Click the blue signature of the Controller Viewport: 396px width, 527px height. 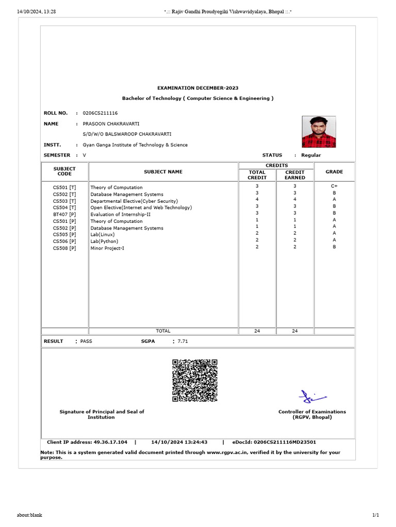coord(312,396)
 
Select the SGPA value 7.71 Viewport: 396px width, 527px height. coord(184,341)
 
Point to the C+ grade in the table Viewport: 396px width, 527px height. coord(334,187)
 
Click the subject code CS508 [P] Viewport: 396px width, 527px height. coord(64,248)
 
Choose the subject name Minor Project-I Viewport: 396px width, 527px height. coord(107,248)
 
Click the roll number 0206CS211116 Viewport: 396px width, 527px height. coord(100,113)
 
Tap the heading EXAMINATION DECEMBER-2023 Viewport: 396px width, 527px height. coord(197,88)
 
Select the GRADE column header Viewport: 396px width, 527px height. coord(334,172)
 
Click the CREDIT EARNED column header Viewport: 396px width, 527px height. coord(295,175)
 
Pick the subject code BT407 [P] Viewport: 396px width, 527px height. coord(64,214)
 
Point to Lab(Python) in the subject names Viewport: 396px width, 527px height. coord(104,241)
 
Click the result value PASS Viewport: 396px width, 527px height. coord(86,341)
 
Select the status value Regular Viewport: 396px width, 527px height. coord(311,155)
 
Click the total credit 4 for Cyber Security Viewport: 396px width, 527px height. coord(257,200)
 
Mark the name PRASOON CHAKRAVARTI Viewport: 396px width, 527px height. coord(111,124)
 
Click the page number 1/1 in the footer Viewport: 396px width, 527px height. coord(375,515)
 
